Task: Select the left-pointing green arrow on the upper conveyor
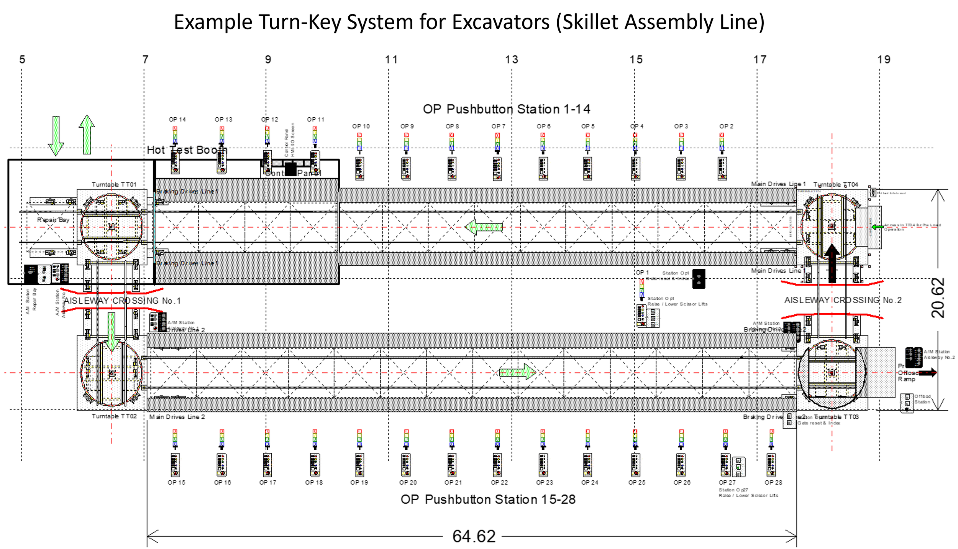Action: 484,227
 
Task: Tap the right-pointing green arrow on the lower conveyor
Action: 517,372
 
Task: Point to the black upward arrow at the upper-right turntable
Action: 832,254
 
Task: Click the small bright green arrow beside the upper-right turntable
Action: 877,227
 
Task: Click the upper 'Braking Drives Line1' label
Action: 187,191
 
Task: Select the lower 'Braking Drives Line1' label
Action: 187,263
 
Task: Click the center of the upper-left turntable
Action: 112,227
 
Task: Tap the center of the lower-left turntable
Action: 112,373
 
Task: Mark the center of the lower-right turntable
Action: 832,373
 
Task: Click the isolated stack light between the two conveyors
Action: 642,288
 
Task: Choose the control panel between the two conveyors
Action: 648,316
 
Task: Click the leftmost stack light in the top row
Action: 175,135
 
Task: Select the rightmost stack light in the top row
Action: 722,141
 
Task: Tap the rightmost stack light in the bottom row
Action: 771,437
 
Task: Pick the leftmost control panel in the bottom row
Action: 175,465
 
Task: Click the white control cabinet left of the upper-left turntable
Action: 44,274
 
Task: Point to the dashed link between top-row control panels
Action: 291,163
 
